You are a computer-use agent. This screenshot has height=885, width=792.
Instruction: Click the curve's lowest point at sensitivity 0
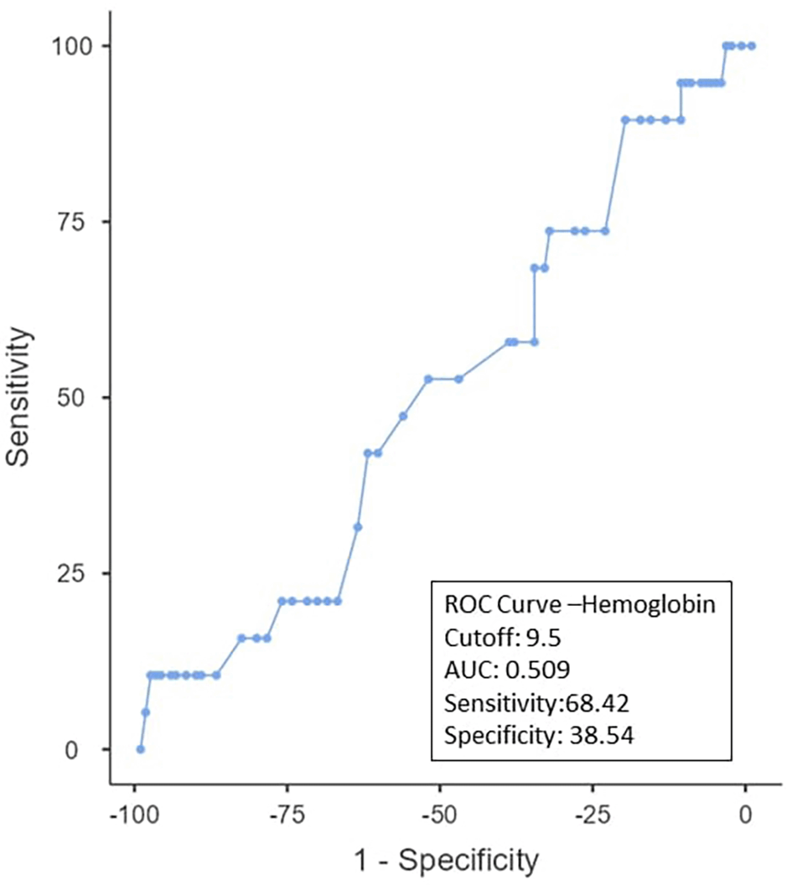click(x=140, y=749)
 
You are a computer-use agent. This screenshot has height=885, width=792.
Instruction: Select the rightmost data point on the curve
click(x=752, y=45)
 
